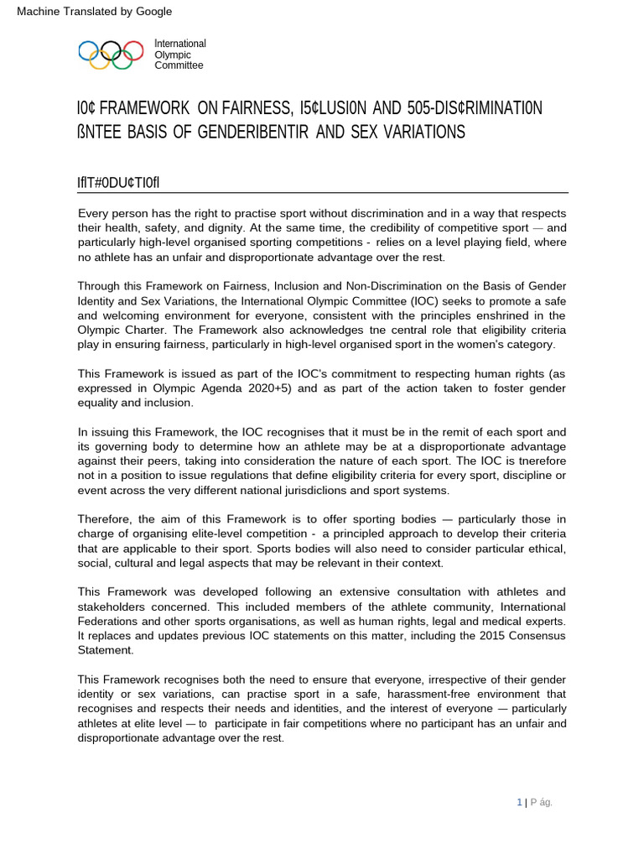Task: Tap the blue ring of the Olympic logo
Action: click(86, 51)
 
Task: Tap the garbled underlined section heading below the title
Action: click(124, 183)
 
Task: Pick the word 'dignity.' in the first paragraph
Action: click(259, 229)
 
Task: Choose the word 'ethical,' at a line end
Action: click(543, 549)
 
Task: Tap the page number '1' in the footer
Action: click(518, 802)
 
